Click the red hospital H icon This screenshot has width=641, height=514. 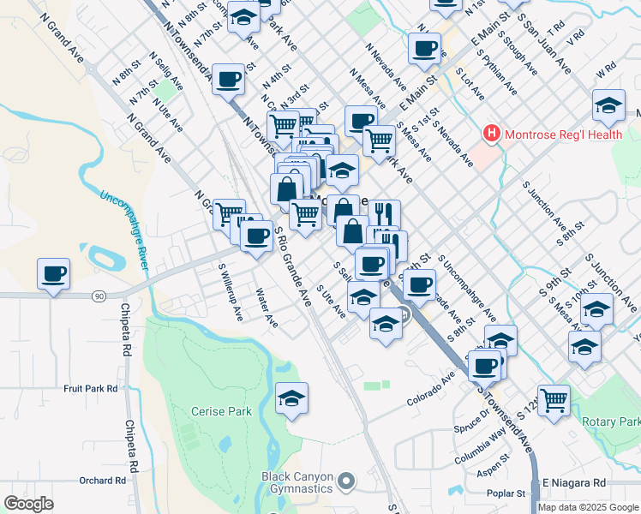click(491, 134)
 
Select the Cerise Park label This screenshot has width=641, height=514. click(221, 411)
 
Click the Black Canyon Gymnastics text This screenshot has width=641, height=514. click(297, 482)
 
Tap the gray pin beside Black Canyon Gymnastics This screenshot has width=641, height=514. click(346, 481)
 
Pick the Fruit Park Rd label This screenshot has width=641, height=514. click(90, 388)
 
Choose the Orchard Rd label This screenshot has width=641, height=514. click(96, 481)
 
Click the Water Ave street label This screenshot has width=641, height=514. click(267, 308)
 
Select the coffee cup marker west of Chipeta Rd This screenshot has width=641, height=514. click(53, 274)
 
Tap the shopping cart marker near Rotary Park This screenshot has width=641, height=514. click(554, 399)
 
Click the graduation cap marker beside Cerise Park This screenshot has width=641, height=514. click(292, 398)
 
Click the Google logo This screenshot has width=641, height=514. click(28, 504)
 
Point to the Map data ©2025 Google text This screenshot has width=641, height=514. click(588, 507)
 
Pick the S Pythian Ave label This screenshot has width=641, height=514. click(499, 76)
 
